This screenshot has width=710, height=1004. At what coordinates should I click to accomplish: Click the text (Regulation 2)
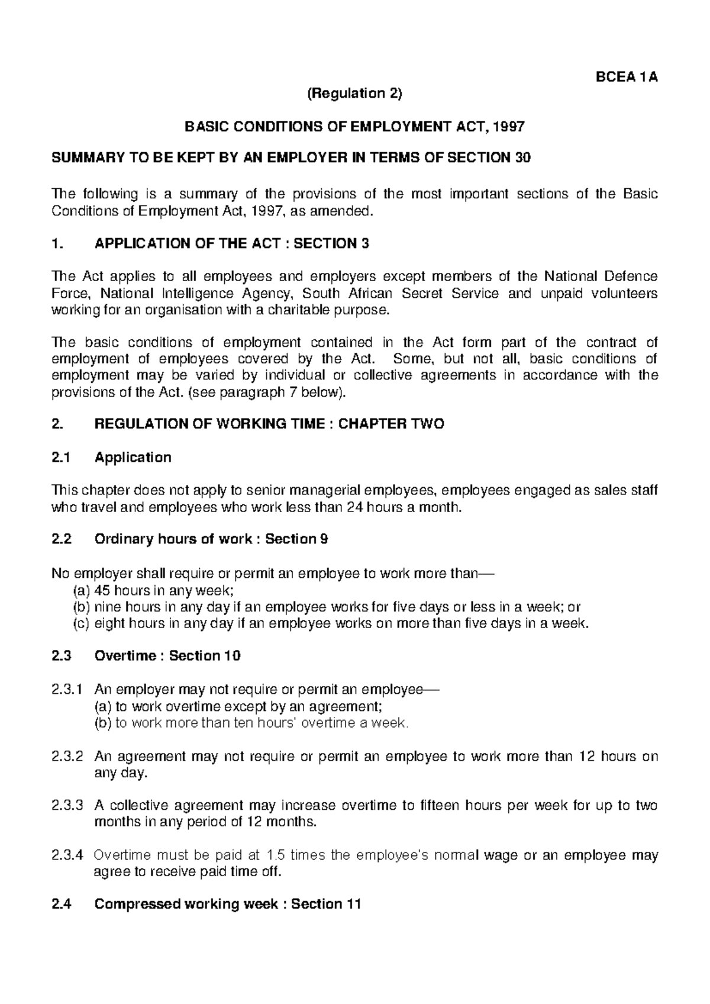[354, 94]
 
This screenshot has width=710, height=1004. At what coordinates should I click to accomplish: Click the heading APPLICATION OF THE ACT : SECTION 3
[232, 243]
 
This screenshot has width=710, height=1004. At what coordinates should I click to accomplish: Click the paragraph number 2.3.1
[67, 690]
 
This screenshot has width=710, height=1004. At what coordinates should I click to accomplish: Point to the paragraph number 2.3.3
[67, 806]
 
